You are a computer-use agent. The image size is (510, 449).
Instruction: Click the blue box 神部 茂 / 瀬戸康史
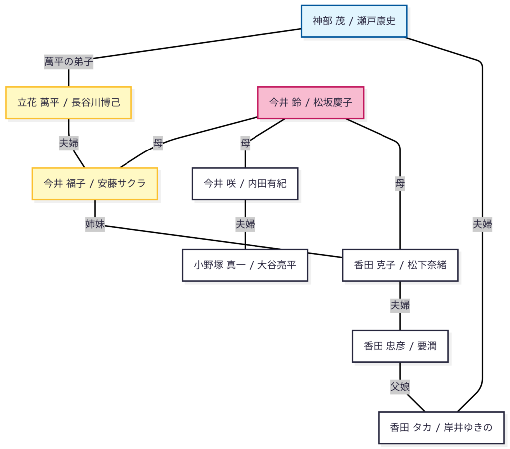point(354,21)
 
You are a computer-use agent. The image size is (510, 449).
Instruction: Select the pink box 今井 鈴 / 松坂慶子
point(310,103)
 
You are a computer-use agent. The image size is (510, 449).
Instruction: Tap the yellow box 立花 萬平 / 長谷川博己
point(69,103)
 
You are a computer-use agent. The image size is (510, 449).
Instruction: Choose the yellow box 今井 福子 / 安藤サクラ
point(95,184)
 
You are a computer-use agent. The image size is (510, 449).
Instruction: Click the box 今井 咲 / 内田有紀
point(245,184)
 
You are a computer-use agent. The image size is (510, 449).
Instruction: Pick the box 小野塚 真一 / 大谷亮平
point(245,265)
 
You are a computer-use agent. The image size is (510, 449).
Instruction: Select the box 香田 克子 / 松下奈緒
point(400,265)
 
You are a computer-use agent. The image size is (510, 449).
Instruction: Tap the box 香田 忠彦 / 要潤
point(400,346)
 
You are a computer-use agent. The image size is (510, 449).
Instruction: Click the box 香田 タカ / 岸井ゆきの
point(441,428)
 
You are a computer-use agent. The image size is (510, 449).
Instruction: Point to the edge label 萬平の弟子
point(69,62)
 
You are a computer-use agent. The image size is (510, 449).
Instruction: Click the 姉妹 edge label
point(95,224)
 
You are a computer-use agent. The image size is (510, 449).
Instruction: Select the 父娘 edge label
point(400,386)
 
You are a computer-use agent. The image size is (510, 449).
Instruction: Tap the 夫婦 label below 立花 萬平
point(69,143)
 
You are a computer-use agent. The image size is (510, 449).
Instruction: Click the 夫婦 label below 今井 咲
point(245,224)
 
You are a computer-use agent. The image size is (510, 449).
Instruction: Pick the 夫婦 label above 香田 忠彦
point(400,305)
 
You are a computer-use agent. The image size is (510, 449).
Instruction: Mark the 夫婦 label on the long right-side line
point(482,224)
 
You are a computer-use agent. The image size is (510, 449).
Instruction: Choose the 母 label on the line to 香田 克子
point(400,184)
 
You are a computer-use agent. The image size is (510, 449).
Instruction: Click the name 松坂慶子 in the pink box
point(333,103)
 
